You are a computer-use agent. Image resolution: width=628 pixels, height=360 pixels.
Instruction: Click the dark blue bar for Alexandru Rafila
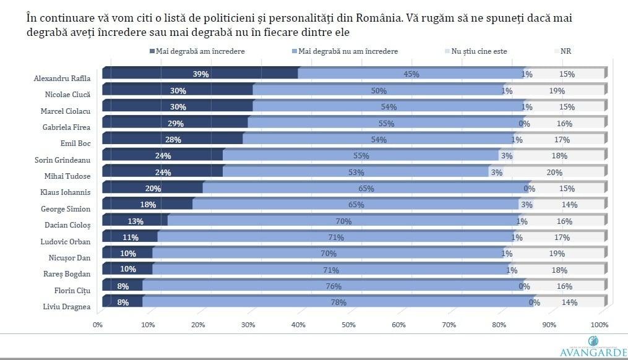coord(200,74)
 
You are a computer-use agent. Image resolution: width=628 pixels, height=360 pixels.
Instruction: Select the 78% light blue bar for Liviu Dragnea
coord(338,302)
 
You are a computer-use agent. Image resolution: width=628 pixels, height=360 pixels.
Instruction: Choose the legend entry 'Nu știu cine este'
coord(476,51)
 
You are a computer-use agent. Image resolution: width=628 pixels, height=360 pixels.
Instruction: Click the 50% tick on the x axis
coord(348,325)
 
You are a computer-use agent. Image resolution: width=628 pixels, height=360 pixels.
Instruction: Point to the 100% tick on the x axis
coord(599,325)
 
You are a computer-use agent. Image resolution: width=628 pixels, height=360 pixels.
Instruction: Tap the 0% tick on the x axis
coord(97,325)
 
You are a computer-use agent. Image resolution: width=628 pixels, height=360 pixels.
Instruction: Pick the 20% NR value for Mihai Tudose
coord(554,173)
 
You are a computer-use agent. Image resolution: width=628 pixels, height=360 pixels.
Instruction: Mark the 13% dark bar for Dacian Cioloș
coord(135,221)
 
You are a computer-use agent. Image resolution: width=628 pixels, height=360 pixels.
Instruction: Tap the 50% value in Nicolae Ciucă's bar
coord(379,91)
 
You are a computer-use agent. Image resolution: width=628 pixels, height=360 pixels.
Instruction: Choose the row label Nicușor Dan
coord(69,257)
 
